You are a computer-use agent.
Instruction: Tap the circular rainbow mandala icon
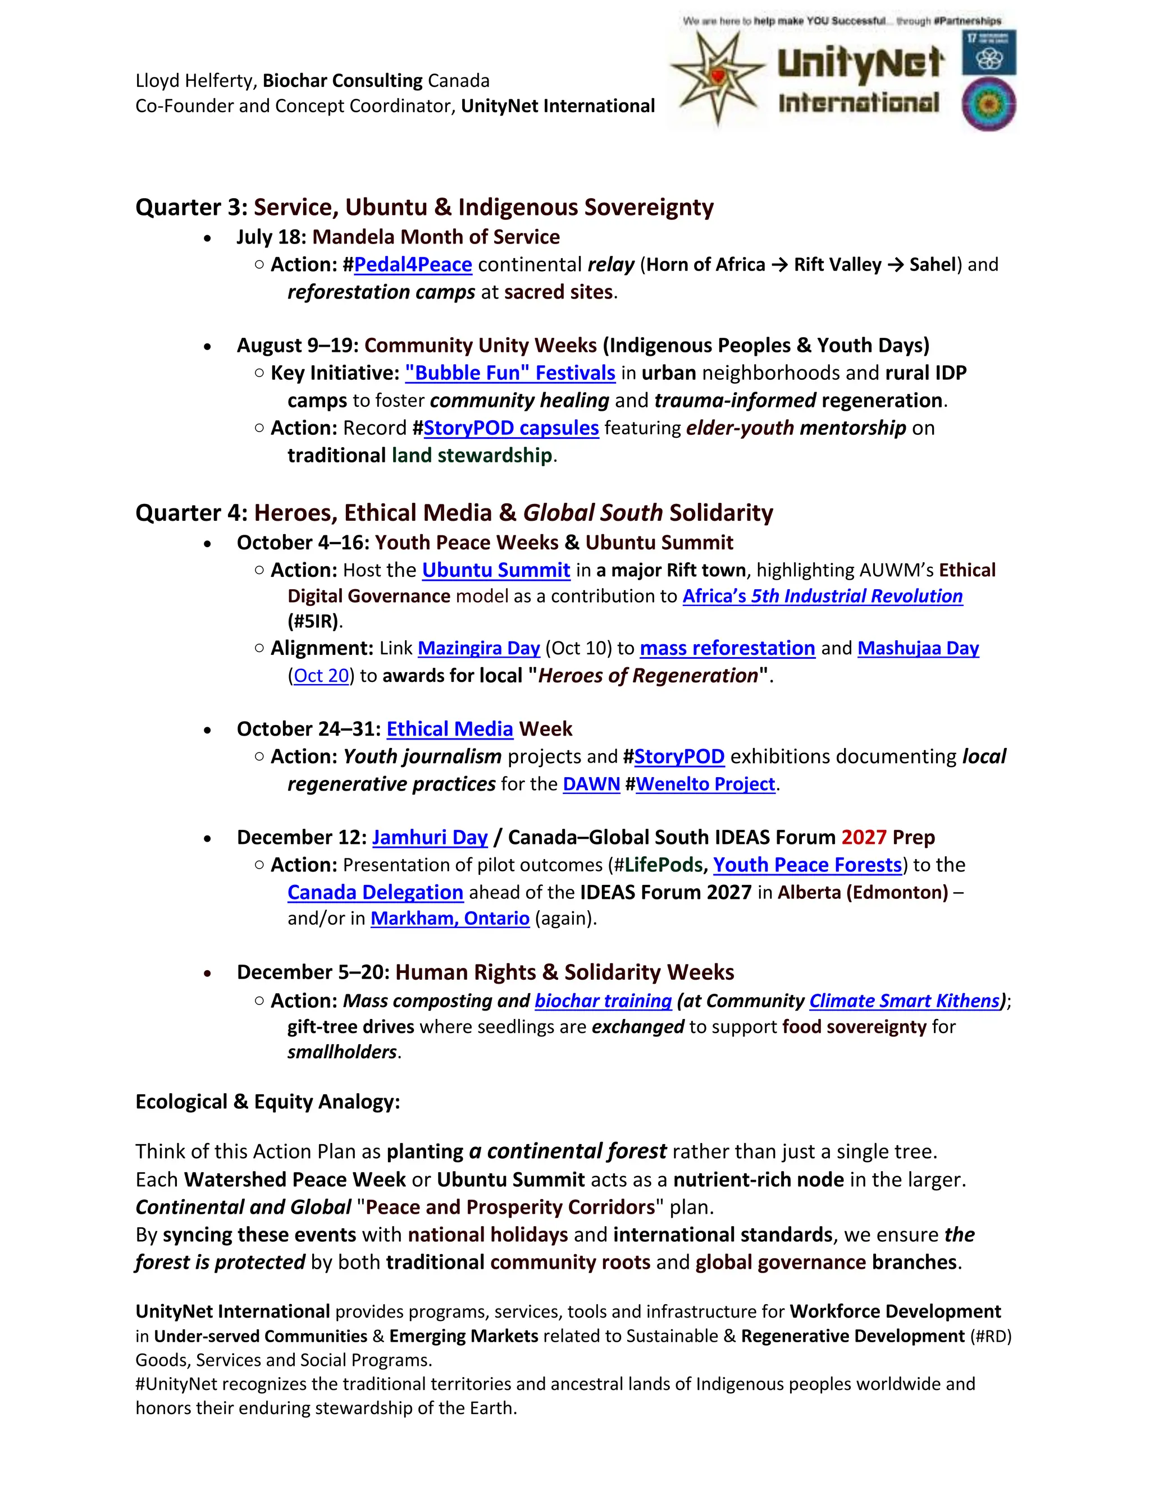[988, 105]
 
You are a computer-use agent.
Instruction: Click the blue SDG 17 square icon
[988, 52]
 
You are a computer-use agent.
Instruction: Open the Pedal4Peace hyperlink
[413, 265]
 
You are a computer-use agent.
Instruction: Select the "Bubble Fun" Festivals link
[510, 373]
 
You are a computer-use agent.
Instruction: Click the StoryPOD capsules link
[511, 428]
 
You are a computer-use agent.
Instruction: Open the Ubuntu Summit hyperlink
[496, 570]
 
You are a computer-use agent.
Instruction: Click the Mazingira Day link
[479, 648]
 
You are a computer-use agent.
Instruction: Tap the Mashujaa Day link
[918, 648]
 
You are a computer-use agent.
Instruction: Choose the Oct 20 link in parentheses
[321, 676]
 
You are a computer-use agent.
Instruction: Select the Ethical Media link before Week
[450, 729]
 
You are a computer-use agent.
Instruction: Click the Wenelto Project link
[705, 784]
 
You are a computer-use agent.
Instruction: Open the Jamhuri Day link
[430, 837]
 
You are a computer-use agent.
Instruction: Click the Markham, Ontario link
[450, 919]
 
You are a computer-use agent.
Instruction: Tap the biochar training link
[603, 1001]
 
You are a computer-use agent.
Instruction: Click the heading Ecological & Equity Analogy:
[268, 1102]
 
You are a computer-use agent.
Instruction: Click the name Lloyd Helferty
[195, 81]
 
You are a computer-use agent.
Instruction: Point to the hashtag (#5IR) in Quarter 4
[313, 621]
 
